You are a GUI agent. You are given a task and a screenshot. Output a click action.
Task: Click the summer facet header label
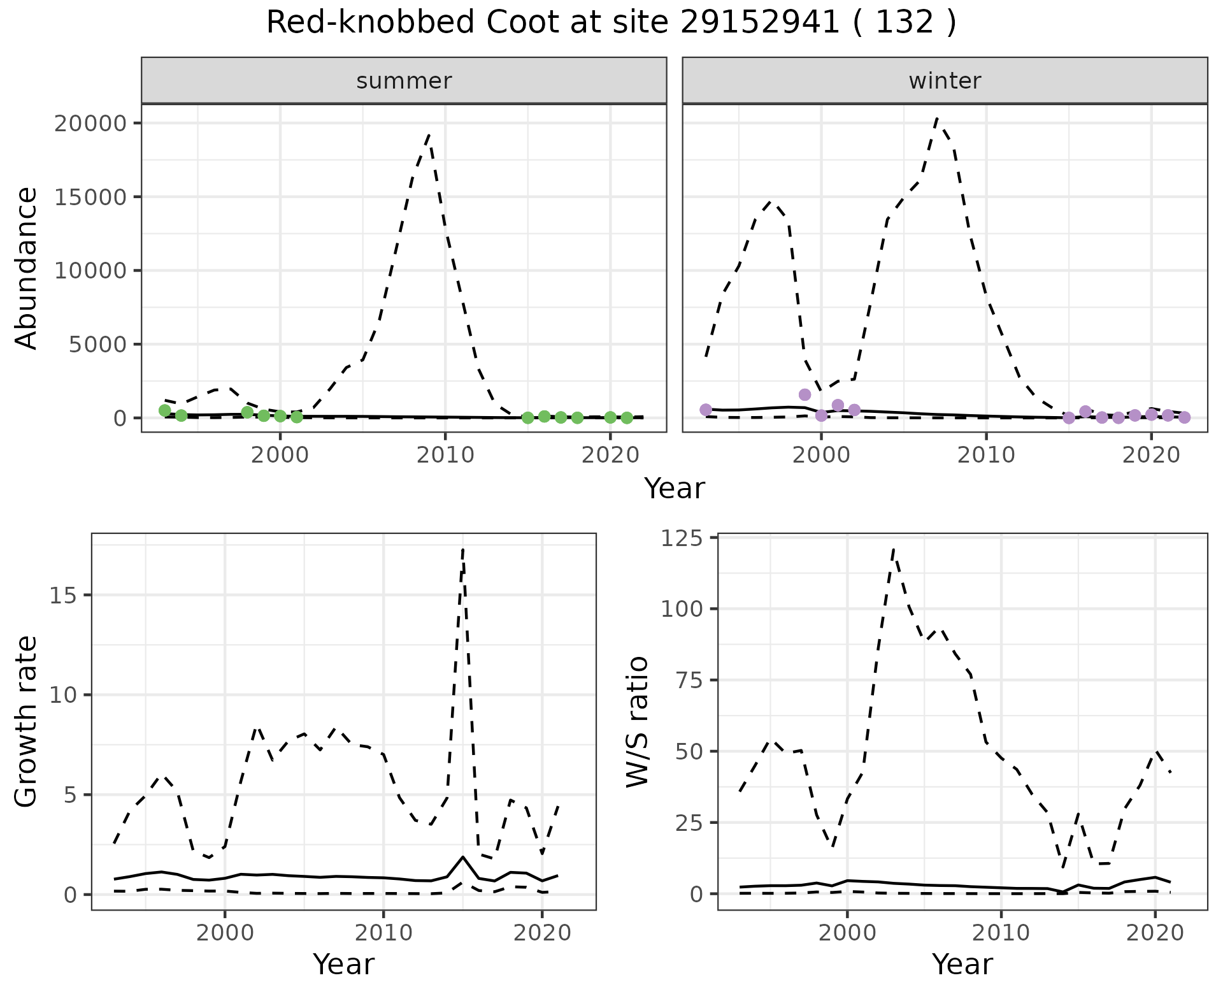[x=404, y=81]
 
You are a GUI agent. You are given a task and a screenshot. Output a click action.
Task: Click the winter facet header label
[x=945, y=81]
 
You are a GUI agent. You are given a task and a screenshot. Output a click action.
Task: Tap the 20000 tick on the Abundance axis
[x=90, y=123]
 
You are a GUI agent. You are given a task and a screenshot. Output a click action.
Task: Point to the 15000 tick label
[x=90, y=197]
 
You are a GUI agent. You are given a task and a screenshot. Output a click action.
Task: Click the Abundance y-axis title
[x=27, y=268]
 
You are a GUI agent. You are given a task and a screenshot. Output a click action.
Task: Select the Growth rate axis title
[x=27, y=721]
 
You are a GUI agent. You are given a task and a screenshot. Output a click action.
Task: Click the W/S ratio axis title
[x=638, y=721]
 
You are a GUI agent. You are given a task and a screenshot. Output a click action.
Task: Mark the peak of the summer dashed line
[x=429, y=135]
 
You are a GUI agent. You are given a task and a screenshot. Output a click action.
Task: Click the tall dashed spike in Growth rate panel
[x=463, y=548]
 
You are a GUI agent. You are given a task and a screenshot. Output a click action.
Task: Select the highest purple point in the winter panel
[x=805, y=394]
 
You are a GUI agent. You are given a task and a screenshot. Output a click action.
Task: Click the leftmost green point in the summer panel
[x=164, y=410]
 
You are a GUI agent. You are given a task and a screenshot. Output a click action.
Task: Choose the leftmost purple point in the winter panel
[x=705, y=410]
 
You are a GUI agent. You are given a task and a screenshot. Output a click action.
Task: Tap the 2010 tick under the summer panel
[x=445, y=455]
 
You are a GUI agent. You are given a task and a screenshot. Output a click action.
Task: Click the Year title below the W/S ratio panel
[x=962, y=965]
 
